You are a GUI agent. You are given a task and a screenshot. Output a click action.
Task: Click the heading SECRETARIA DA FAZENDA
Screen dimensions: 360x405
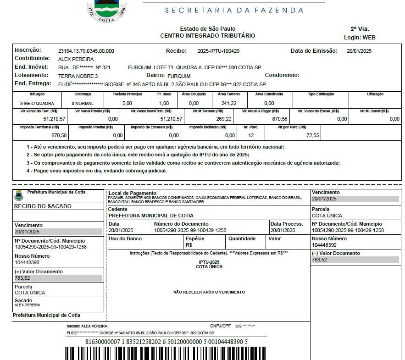click(x=234, y=10)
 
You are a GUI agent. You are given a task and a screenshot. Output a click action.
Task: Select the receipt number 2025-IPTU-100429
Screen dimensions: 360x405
click(x=218, y=51)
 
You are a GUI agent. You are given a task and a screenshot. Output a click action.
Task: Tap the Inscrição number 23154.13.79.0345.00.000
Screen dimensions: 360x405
click(x=86, y=51)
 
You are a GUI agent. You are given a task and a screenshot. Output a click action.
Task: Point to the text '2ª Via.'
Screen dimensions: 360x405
click(x=360, y=28)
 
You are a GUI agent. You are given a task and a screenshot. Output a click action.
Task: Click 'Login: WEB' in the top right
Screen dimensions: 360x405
click(x=360, y=37)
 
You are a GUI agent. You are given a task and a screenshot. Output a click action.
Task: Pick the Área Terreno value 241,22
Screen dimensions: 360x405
click(x=229, y=103)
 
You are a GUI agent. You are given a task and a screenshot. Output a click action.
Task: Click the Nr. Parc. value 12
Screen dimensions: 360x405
click(x=251, y=135)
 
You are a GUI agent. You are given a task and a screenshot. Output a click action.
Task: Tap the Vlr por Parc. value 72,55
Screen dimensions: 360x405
click(x=313, y=135)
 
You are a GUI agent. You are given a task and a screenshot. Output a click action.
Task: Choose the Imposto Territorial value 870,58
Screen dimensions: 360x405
click(x=59, y=135)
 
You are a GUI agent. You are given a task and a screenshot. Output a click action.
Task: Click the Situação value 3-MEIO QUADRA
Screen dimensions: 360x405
click(x=37, y=104)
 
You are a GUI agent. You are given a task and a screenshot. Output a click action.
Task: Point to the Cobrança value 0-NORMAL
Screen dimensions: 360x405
click(x=83, y=104)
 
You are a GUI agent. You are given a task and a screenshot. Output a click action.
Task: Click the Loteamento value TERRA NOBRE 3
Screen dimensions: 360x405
click(x=78, y=76)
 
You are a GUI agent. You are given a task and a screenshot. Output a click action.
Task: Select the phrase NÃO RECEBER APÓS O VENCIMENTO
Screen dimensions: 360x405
click(x=209, y=292)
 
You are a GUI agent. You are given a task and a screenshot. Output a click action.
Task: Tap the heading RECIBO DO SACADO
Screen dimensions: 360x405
click(x=43, y=206)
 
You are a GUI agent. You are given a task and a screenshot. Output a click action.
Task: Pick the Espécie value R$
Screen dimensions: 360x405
click(x=189, y=245)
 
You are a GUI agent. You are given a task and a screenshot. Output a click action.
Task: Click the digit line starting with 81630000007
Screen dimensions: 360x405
click(x=166, y=342)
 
